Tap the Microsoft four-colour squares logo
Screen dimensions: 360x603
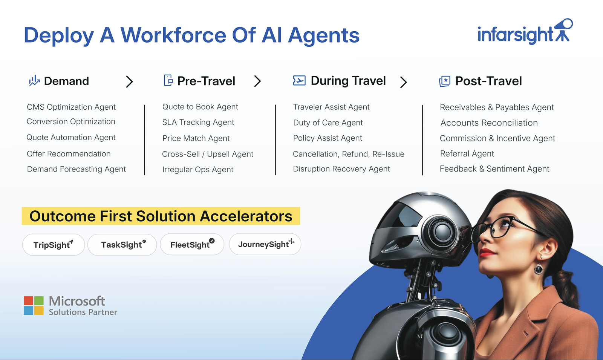coord(34,305)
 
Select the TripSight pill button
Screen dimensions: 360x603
coord(54,245)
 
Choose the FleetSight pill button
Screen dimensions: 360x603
coord(192,245)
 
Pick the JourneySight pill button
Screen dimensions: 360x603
coord(265,244)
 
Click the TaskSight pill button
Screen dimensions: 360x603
coord(122,245)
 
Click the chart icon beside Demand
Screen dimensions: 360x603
coord(34,81)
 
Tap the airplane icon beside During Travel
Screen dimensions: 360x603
coord(299,81)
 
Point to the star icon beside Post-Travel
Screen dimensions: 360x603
coord(445,81)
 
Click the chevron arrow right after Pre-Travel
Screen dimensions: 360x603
coord(257,81)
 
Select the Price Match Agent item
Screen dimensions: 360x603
coord(196,138)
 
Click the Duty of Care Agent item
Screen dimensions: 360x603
coord(328,123)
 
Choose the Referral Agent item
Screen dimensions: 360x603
coord(467,154)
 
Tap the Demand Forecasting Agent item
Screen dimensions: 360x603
coord(76,169)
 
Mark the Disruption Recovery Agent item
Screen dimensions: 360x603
coord(341,169)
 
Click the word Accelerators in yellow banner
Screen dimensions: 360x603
coord(246,216)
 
